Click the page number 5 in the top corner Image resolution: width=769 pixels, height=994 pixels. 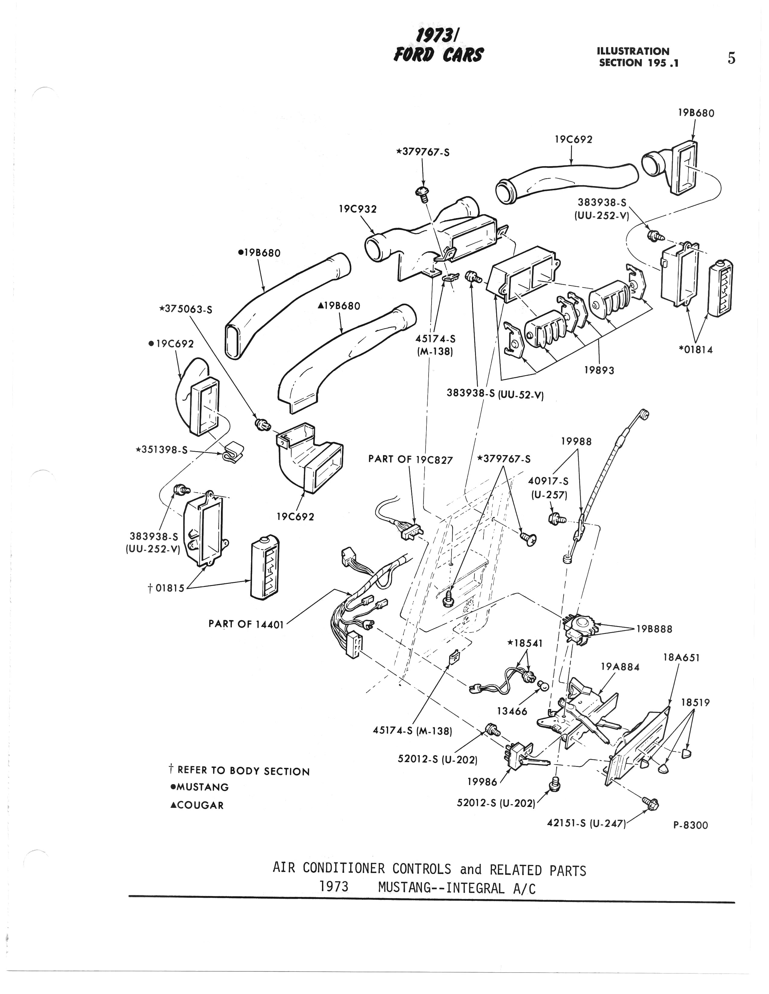click(731, 59)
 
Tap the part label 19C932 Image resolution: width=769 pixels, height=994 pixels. click(358, 209)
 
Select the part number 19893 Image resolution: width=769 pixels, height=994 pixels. click(599, 370)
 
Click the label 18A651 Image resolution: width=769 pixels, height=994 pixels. click(681, 658)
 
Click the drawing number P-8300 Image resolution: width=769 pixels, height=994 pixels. click(691, 825)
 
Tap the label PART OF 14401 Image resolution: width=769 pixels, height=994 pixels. click(246, 624)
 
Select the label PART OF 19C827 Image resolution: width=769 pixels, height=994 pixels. click(410, 459)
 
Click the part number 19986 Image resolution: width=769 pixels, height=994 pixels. click(482, 782)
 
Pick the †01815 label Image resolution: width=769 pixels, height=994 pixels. click(166, 588)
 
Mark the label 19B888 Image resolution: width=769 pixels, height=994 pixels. click(654, 629)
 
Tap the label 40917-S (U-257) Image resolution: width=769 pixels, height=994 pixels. click(548, 487)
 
